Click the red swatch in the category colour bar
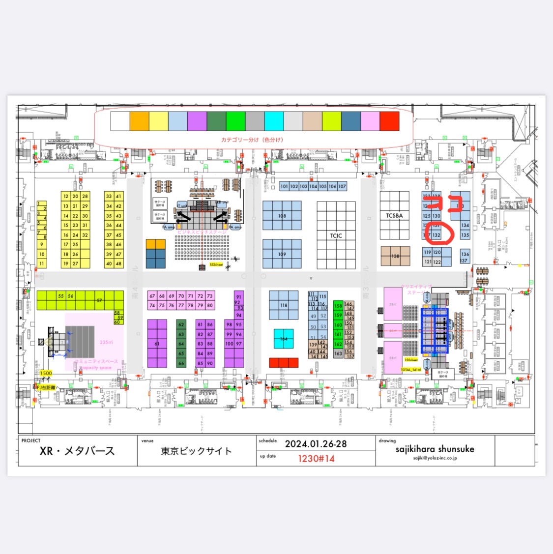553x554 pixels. (389, 121)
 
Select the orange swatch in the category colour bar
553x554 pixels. (139, 121)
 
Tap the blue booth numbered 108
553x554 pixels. (282, 216)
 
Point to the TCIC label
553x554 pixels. (336, 235)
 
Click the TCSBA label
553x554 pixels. (394, 215)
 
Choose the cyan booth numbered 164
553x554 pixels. (284, 339)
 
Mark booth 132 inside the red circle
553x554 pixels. (437, 235)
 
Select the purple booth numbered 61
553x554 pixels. (157, 344)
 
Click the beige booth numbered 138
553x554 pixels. (395, 256)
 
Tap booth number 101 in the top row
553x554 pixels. (284, 186)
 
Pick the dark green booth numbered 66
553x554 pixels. (181, 363)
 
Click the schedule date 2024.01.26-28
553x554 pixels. (316, 443)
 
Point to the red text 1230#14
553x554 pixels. (316, 458)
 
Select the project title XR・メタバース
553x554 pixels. (77, 451)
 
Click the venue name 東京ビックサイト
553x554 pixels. (196, 451)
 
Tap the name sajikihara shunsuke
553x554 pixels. (435, 449)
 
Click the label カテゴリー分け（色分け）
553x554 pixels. (252, 140)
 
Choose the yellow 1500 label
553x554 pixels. (46, 373)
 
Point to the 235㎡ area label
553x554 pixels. (106, 342)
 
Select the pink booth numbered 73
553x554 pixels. (210, 296)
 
